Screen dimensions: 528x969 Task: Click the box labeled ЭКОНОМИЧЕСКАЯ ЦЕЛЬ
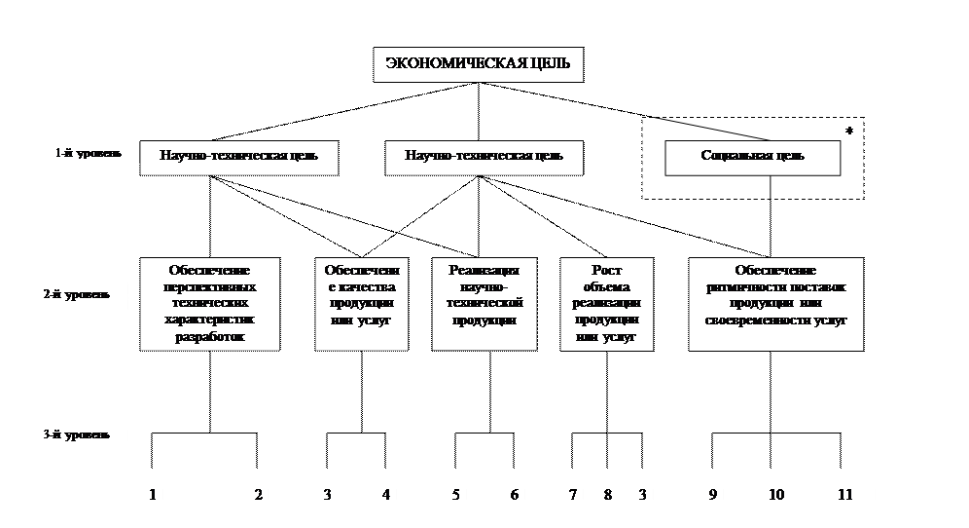click(x=478, y=65)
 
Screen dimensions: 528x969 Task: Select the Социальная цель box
click(x=754, y=157)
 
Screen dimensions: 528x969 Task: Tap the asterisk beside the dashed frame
click(x=848, y=131)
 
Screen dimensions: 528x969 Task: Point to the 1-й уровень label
click(x=88, y=153)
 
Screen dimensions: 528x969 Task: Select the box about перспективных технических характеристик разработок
click(x=210, y=303)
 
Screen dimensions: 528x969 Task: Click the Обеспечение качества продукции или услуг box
click(x=360, y=303)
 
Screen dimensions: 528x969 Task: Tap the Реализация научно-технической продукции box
click(x=484, y=303)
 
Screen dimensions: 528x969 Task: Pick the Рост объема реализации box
click(x=607, y=303)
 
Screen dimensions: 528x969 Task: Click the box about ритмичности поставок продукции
click(x=775, y=303)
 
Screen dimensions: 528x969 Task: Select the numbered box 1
click(x=153, y=496)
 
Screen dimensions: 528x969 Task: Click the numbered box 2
click(x=258, y=496)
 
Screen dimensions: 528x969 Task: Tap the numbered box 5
click(x=455, y=496)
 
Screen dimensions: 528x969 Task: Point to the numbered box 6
click(x=514, y=496)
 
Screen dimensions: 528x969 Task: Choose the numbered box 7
click(x=573, y=496)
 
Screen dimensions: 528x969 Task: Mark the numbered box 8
click(x=607, y=496)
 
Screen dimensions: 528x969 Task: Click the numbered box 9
click(x=713, y=496)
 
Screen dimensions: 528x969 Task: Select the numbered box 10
click(x=776, y=496)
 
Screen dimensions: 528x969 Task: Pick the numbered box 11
click(x=845, y=496)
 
